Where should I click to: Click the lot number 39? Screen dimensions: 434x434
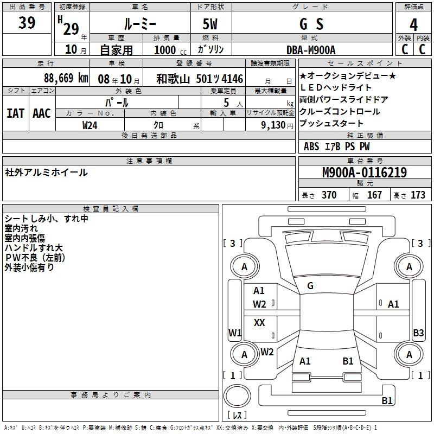pos(27,23)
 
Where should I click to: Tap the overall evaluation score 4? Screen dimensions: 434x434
pos(413,24)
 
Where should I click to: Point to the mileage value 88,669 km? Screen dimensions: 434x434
pos(66,78)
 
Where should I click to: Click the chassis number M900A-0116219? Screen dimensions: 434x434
pos(364,173)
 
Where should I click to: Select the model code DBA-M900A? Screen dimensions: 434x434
pos(311,50)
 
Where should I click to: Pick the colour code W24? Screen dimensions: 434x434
pos(90,125)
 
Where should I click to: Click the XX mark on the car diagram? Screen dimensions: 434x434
pos(259,323)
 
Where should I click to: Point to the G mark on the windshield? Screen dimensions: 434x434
pos(310,286)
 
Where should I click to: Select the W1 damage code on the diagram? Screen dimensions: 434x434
pos(234,333)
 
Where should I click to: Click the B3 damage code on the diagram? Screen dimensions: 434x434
pos(418,333)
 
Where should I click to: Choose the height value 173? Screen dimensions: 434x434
pos(418,195)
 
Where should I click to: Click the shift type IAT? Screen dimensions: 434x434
pos(15,113)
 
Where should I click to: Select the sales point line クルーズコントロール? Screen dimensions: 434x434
pos(340,112)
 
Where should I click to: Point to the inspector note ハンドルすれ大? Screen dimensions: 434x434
pos(34,248)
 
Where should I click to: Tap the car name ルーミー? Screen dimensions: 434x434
pos(139,24)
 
